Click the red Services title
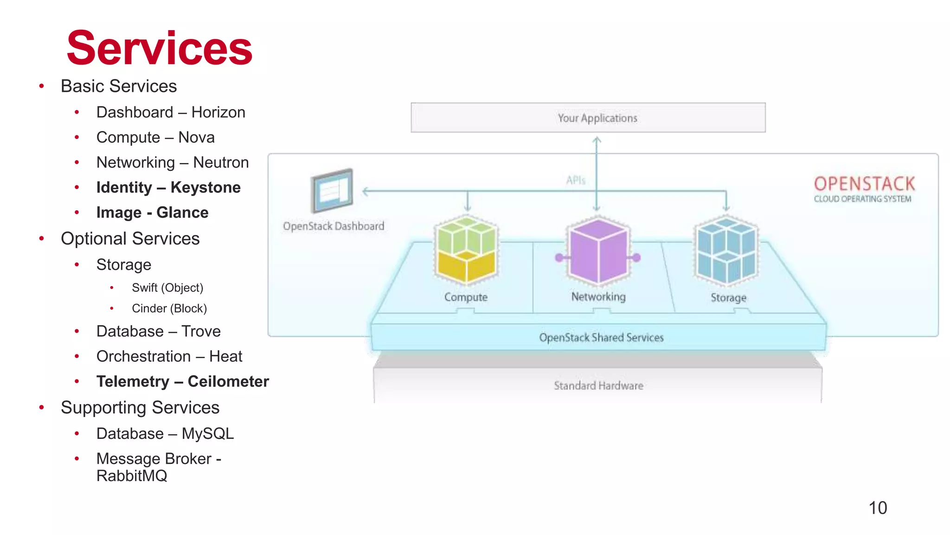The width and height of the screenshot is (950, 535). click(159, 49)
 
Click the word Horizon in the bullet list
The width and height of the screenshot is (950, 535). click(218, 112)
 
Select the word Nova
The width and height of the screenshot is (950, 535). click(196, 137)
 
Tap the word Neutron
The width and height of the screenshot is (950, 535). click(221, 163)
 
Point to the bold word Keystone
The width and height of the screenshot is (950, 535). click(205, 188)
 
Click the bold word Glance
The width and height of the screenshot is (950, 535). click(182, 213)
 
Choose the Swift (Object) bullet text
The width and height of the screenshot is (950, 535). click(167, 288)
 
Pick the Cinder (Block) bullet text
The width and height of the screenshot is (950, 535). click(169, 308)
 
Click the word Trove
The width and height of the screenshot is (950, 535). click(201, 332)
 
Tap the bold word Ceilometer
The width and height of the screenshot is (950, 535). click(228, 382)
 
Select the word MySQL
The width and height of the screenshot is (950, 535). click(207, 434)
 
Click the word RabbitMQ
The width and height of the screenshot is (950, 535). click(132, 476)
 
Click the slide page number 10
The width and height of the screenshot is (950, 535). click(877, 508)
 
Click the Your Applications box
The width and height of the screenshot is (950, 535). click(588, 118)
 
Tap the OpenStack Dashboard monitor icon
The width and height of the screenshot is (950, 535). click(332, 190)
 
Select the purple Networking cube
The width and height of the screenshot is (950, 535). click(598, 251)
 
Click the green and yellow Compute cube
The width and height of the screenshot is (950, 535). click(466, 250)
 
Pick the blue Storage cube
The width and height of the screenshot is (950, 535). click(726, 251)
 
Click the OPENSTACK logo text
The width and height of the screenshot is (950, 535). click(864, 184)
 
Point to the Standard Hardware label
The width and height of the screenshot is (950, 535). click(598, 386)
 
